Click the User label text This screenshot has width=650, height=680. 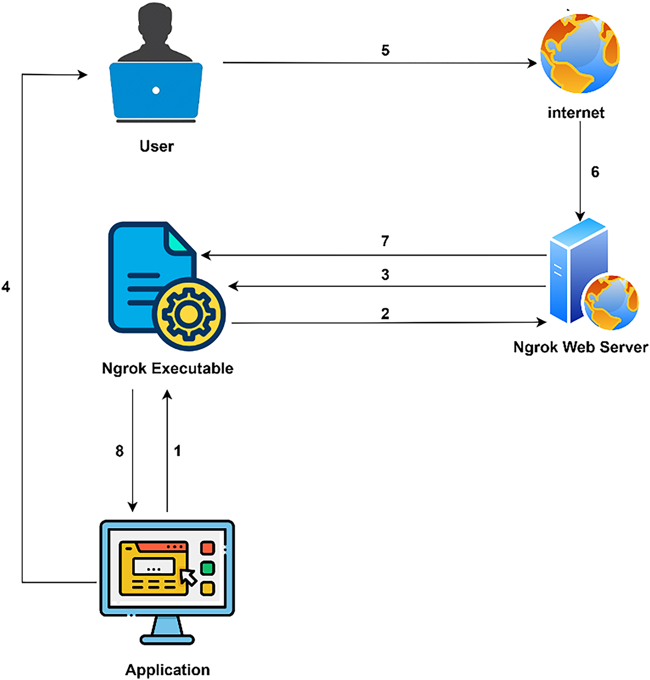[156, 146]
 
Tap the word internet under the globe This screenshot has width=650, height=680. [576, 112]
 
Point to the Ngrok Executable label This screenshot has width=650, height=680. [167, 368]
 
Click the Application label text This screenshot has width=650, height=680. [167, 670]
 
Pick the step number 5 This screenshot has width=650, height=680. [385, 50]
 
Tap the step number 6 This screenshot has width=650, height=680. [595, 172]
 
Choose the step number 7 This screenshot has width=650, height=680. [385, 241]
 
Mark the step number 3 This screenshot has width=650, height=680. [385, 274]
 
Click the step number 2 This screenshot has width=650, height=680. [385, 314]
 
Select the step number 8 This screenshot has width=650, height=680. [120, 451]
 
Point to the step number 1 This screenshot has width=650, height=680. [178, 451]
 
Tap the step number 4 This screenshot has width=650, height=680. [6, 286]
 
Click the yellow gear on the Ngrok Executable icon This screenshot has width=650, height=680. [188, 314]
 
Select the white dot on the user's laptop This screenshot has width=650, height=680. [156, 91]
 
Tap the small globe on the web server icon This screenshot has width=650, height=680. [611, 302]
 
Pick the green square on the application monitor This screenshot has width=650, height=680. [207, 568]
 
